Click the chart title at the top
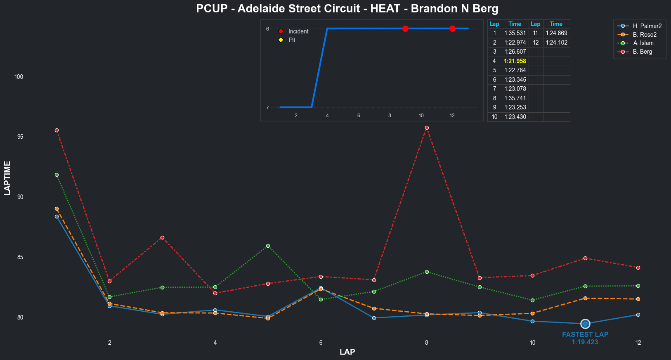(347, 9)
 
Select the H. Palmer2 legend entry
(647, 26)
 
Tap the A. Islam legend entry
(643, 43)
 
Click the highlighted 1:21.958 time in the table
(515, 61)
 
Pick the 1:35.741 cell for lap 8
(515, 98)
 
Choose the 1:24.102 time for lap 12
(556, 43)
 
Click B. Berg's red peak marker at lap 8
(427, 128)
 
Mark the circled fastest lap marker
(585, 324)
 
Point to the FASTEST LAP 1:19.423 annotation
(585, 338)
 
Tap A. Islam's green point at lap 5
(268, 246)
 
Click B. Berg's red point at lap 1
(57, 130)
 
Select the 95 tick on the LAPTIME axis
(19, 137)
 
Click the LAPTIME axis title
(7, 178)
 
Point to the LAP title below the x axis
(347, 352)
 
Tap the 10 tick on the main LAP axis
(532, 343)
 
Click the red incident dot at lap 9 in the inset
(405, 28)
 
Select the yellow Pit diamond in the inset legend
(281, 40)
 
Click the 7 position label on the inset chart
(267, 108)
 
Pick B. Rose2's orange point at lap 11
(585, 298)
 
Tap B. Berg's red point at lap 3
(162, 238)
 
